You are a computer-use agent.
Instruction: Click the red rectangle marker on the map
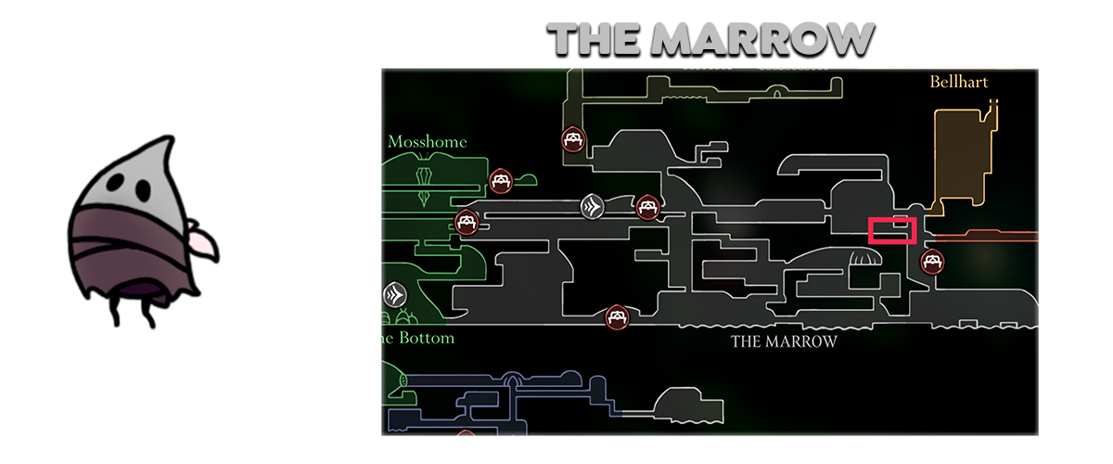(892, 230)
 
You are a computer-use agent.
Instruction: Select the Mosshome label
(427, 142)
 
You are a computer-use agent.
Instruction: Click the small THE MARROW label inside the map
(784, 342)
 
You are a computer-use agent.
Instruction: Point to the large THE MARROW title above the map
(710, 39)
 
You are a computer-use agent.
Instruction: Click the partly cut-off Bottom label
(418, 338)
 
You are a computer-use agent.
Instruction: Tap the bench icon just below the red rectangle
(932, 263)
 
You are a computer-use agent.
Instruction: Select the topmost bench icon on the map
(573, 140)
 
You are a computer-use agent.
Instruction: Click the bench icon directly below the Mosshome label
(501, 180)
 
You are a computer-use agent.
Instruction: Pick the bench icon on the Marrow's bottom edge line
(617, 318)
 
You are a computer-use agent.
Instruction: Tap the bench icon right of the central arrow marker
(646, 208)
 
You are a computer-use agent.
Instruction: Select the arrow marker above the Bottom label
(395, 296)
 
